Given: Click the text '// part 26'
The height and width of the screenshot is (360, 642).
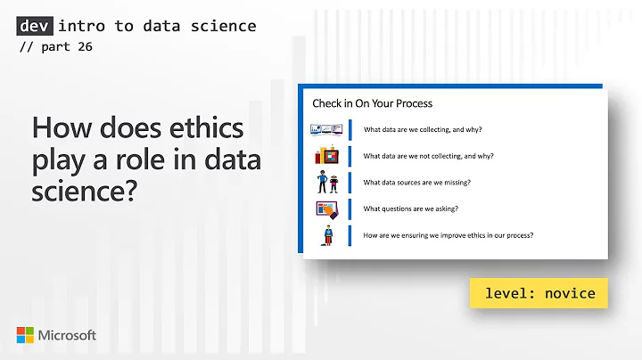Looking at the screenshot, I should click(54, 47).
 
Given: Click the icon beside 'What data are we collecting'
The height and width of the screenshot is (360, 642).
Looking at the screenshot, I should click(326, 129).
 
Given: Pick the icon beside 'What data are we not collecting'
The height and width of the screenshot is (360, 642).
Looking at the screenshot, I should click(327, 156).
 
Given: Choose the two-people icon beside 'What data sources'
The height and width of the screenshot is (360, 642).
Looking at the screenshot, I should click(327, 183).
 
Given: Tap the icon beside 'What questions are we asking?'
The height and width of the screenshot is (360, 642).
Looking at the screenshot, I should click(327, 209).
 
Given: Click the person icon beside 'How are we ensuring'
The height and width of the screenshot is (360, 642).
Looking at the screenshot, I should click(328, 236).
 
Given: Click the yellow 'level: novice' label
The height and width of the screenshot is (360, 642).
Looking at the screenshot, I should click(539, 293).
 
